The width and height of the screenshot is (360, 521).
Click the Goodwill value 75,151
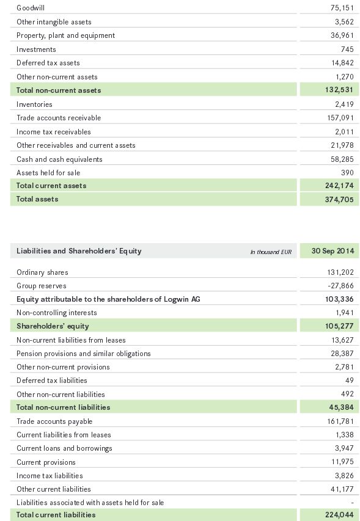[342, 8]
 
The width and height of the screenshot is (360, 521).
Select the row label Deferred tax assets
[48, 63]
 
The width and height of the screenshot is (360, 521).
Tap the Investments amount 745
[347, 49]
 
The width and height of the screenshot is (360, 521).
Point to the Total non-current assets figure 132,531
[339, 90]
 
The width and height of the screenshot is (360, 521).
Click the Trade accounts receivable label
[59, 118]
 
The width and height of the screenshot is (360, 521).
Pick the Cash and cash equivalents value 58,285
[342, 159]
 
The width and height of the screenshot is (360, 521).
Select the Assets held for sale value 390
[347, 172]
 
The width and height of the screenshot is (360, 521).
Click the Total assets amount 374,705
[339, 199]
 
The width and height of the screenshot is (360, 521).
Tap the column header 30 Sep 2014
[332, 251]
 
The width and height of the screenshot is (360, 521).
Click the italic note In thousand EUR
[271, 252]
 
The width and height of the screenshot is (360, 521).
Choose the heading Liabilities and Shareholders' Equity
[79, 251]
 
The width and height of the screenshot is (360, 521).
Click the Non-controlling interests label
[57, 312]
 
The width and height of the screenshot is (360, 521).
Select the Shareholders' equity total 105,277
[339, 326]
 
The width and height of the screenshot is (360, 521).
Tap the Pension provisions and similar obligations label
[84, 353]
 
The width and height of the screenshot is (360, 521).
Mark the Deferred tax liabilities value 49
[350, 380]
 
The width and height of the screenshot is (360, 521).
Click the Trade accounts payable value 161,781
[340, 421]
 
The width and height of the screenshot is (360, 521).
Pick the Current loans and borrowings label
[65, 448]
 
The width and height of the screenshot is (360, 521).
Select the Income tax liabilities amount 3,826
[344, 475]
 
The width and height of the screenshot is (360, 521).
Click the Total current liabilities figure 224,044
[339, 515]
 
